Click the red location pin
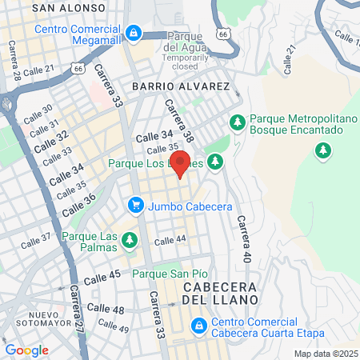click(x=181, y=164)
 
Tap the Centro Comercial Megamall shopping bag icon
click(x=134, y=33)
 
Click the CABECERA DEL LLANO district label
click(x=219, y=293)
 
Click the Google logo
click(x=26, y=350)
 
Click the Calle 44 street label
click(x=170, y=240)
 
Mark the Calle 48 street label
click(x=106, y=308)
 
